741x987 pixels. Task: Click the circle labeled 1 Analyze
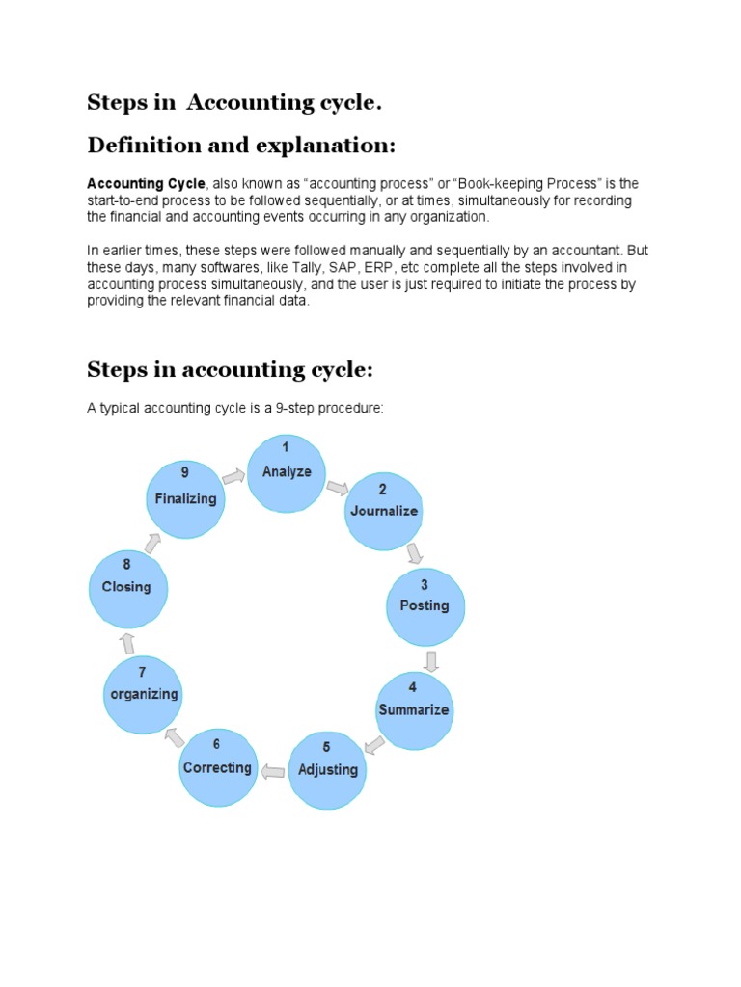click(x=287, y=473)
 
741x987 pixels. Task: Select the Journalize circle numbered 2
click(x=383, y=511)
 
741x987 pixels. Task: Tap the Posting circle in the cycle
click(x=425, y=605)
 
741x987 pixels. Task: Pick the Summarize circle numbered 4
click(x=413, y=710)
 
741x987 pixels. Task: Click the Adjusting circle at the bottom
click(x=328, y=769)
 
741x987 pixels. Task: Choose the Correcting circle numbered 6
click(x=218, y=768)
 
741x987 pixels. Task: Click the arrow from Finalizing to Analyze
click(x=233, y=475)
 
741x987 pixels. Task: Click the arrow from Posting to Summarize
click(x=431, y=660)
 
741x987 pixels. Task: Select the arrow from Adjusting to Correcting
click(x=273, y=771)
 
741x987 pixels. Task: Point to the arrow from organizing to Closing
click(x=127, y=642)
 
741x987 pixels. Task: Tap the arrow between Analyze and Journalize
click(x=338, y=487)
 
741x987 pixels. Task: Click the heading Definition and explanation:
click(x=241, y=146)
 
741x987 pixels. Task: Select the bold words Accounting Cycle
click(x=147, y=183)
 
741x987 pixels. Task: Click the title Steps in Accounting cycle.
click(x=228, y=102)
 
